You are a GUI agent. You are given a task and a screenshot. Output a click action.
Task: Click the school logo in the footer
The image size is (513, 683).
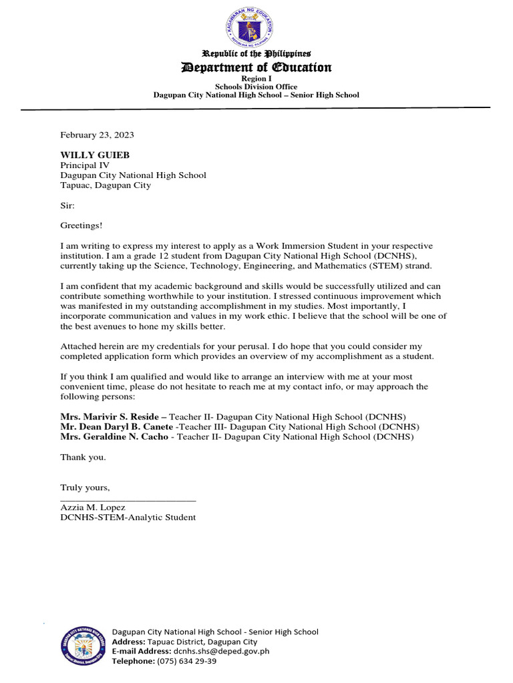coord(82,646)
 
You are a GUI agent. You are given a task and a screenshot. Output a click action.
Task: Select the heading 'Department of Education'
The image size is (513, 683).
coord(256,67)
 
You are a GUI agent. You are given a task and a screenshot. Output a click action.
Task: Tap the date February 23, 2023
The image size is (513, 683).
coord(97,135)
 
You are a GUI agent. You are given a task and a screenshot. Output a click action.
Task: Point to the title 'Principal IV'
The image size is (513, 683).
coord(85,165)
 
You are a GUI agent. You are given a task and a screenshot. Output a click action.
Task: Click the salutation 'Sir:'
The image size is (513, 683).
coord(68,207)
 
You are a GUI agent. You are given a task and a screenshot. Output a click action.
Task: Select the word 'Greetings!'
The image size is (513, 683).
coord(81,226)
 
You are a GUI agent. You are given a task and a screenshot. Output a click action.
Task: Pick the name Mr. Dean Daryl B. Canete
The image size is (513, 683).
coord(116,427)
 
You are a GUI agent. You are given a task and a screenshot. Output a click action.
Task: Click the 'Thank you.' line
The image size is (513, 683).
coord(83,458)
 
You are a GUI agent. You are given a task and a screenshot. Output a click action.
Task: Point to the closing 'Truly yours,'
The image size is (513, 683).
coord(85,488)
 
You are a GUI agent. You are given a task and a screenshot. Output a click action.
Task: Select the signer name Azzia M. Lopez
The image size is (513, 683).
coord(93,508)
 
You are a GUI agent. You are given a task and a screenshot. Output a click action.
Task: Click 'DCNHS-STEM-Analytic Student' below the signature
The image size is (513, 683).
coord(128,518)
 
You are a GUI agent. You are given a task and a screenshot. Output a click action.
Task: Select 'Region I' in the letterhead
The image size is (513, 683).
coord(256,79)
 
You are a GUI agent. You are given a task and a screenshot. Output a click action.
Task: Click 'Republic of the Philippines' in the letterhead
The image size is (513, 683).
coord(256,53)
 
